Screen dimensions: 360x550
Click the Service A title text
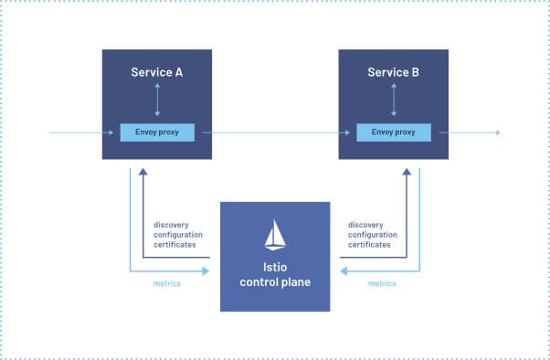(157, 71)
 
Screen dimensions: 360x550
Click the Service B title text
(393, 71)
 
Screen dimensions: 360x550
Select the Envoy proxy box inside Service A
(157, 132)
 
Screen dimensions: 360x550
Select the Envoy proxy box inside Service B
(393, 132)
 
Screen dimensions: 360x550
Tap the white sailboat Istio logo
(275, 236)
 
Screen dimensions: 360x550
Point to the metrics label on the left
(166, 283)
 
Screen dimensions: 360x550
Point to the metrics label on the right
(382, 283)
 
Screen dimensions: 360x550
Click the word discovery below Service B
(367, 225)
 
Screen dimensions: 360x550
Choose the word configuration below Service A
(178, 235)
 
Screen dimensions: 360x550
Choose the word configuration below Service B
(374, 235)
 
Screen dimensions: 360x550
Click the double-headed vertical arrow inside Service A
(157, 99)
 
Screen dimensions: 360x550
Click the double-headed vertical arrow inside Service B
(393, 99)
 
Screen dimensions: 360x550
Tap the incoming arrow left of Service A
(78, 132)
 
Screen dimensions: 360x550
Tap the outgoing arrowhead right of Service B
(497, 132)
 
